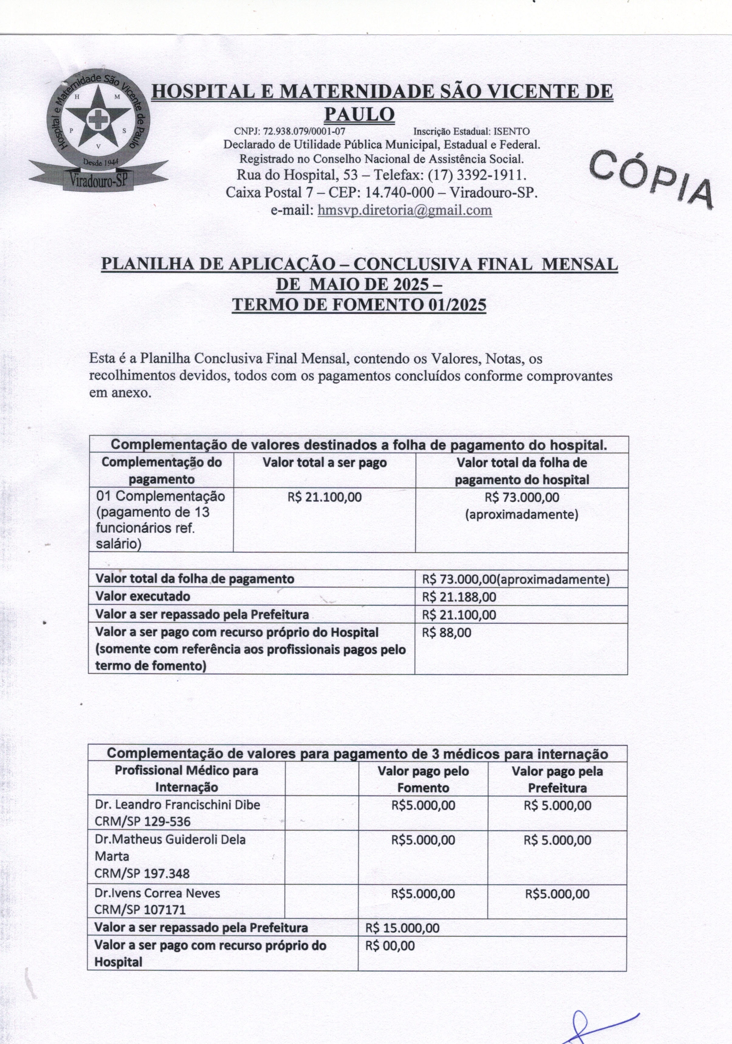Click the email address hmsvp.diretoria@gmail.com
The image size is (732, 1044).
coord(404,210)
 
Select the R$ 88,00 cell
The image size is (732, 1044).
coord(447,632)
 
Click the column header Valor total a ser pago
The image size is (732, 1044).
coord(325,463)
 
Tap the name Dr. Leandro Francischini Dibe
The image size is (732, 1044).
coord(177,805)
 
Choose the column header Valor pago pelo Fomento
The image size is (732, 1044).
coord(423,779)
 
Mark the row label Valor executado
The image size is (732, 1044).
coord(143,597)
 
